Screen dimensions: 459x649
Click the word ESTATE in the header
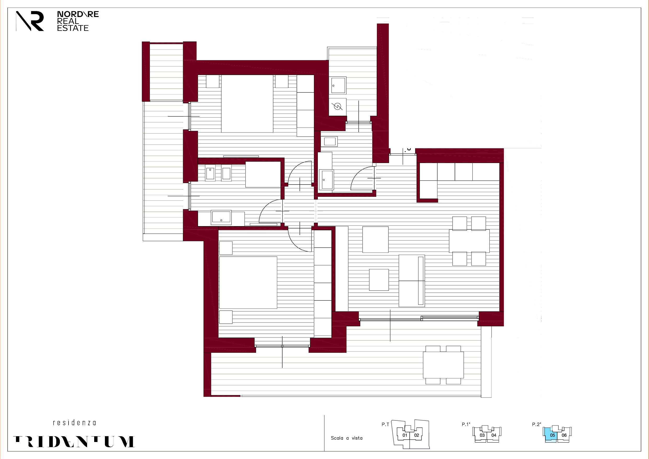73,28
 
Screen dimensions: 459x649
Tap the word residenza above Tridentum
74,423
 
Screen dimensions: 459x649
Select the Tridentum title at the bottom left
74,441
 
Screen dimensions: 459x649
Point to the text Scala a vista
347,438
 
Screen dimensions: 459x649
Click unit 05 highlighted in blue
552,435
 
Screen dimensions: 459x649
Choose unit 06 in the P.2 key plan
564,435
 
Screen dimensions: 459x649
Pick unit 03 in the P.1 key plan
482,435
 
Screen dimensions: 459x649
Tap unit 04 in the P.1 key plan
494,435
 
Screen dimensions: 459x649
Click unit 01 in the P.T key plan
405,435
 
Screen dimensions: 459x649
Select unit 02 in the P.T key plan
416,435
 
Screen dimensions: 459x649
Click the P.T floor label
385,424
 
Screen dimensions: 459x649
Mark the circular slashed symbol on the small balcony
337,107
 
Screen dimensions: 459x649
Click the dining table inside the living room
469,241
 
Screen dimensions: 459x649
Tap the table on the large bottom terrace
443,365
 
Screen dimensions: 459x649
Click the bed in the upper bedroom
247,104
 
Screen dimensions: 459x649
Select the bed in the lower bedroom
248,282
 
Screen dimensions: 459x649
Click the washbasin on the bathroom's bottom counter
221,217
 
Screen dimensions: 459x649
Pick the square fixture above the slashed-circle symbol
338,85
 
